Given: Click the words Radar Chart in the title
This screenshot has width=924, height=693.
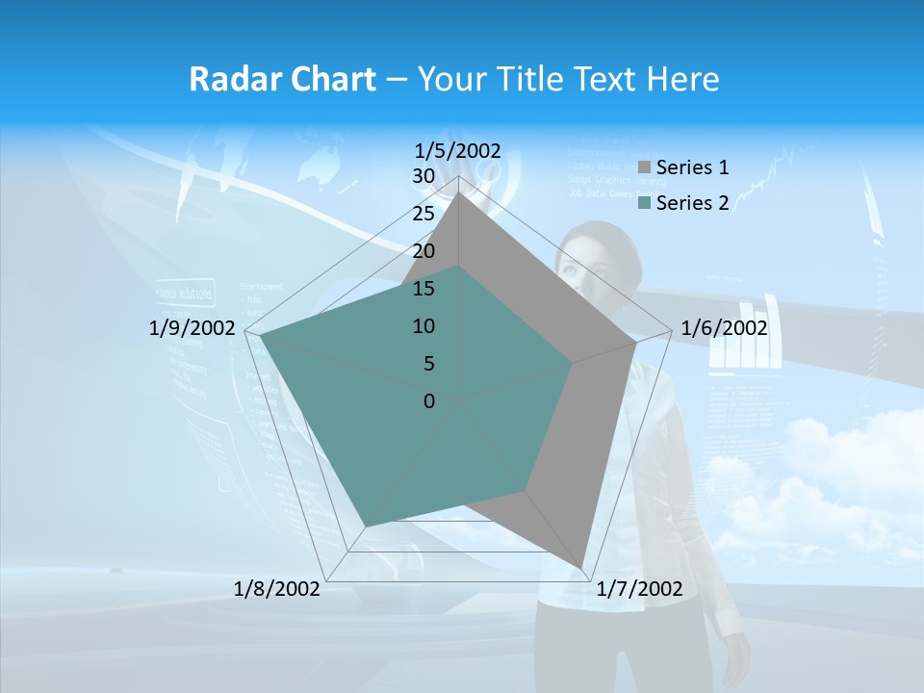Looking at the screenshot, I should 282,79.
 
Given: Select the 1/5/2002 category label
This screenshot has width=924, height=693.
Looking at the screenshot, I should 458,150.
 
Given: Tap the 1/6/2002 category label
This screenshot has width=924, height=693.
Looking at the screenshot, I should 724,328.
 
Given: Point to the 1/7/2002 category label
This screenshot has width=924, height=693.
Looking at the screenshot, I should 639,589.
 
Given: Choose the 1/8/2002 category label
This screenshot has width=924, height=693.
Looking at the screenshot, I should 277,589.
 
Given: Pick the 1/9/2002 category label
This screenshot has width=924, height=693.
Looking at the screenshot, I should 192,328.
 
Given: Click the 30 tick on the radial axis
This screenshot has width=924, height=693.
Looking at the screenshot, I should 423,176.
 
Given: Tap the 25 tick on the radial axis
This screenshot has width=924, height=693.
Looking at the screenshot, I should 423,214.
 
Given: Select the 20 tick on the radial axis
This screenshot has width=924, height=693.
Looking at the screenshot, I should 423,251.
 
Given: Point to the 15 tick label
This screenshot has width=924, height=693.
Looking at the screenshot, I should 423,289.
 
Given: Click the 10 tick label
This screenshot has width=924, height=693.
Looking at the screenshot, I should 423,326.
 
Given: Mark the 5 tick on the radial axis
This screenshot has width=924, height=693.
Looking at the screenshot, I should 428,364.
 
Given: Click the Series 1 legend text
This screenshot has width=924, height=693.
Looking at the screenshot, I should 692,167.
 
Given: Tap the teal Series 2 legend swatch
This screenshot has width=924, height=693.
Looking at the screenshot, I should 644,203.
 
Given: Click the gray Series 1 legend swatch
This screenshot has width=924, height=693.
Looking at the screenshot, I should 644,167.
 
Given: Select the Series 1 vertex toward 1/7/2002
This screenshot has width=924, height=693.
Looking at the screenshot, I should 581,567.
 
